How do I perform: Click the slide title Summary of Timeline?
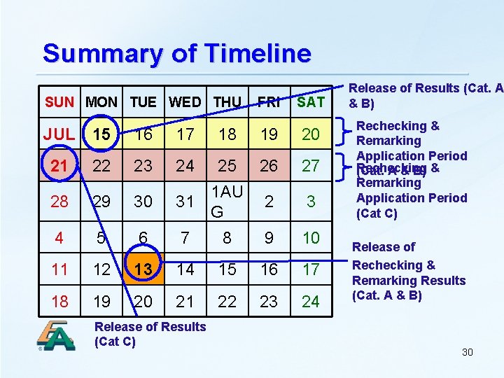click(x=176, y=53)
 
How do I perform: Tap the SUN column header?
click(x=59, y=102)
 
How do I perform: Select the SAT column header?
click(x=311, y=102)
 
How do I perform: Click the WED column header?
click(x=185, y=102)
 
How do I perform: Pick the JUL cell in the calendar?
click(x=59, y=134)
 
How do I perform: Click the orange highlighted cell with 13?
click(x=143, y=269)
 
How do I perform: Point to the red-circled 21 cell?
click(x=59, y=165)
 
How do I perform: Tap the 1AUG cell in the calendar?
click(x=227, y=201)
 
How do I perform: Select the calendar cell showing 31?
click(x=185, y=202)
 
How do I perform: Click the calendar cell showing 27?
click(x=311, y=166)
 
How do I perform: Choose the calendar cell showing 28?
click(x=59, y=202)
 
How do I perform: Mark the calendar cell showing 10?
click(x=311, y=238)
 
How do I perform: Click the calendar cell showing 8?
click(x=227, y=238)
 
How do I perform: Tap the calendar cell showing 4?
click(x=59, y=238)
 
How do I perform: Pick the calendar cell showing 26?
click(x=269, y=166)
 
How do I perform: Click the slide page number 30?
click(x=467, y=352)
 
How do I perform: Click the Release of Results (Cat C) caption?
click(x=150, y=334)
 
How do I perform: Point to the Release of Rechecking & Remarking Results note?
click(x=409, y=271)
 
